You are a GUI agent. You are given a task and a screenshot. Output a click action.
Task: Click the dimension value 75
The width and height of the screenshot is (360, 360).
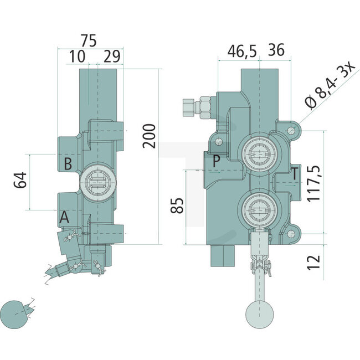tap(88, 40)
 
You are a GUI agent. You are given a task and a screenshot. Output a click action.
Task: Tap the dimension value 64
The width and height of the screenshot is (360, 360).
tap(20, 182)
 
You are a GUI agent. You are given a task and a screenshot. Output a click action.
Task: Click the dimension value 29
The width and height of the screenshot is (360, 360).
tap(112, 56)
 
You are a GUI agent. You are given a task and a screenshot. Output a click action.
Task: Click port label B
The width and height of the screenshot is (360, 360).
tap(67, 164)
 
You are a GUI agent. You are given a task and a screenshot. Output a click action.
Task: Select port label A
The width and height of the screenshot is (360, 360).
tap(65, 218)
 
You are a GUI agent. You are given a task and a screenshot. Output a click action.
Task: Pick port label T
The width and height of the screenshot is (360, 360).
tap(295, 173)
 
